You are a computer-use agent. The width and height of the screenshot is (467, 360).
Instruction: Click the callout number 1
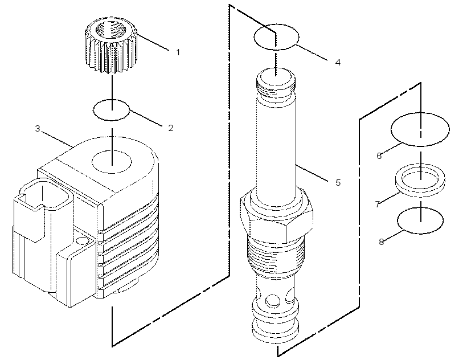(178, 52)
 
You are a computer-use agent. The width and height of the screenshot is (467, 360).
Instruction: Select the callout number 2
(171, 128)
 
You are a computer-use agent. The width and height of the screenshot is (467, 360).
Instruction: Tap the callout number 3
(38, 129)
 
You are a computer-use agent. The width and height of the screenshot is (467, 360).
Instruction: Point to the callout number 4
(338, 63)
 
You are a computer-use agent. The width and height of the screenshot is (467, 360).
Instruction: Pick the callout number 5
(338, 182)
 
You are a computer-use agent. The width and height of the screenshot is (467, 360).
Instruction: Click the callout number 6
(379, 156)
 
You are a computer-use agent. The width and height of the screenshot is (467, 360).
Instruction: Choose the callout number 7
(378, 204)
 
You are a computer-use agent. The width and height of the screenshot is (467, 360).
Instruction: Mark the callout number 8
(382, 242)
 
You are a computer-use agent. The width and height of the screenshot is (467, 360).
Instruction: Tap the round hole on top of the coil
(112, 162)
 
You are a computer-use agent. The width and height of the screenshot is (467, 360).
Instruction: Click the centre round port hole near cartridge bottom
(273, 301)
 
